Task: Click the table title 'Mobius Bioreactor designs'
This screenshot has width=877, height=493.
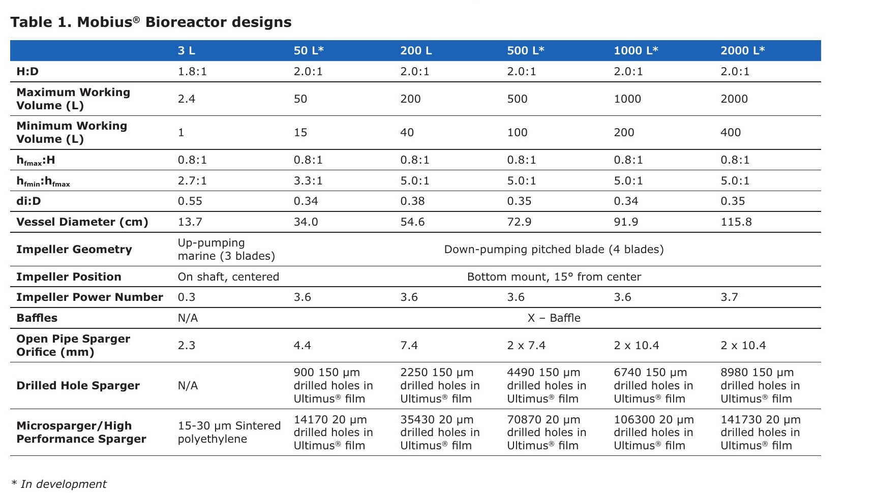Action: point(184,22)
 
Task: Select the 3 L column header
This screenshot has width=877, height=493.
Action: point(186,50)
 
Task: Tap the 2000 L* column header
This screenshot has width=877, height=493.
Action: point(742,50)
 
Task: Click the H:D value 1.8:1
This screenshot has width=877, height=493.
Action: point(192,71)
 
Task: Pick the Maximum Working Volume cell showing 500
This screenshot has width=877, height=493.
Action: point(517,99)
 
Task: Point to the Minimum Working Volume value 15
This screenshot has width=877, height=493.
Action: point(300,132)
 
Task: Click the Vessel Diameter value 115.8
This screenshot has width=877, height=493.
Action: point(736,222)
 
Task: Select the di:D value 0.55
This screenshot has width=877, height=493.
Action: point(190,201)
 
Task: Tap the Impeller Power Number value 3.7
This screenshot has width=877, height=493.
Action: point(729,297)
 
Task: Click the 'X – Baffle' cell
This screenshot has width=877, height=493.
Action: point(554,318)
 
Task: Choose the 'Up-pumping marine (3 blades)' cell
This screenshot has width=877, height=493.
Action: point(226,249)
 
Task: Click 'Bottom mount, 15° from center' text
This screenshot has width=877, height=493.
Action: point(554,276)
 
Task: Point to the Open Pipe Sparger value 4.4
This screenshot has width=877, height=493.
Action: point(302,345)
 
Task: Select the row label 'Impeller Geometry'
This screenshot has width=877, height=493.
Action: point(74,249)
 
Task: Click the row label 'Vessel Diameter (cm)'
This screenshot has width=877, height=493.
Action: point(82,222)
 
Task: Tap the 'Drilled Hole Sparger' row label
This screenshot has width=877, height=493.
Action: point(78,385)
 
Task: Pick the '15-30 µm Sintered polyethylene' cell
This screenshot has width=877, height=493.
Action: point(229,432)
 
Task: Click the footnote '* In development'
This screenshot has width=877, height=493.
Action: point(59,484)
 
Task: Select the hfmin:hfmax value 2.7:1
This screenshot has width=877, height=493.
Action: point(192,180)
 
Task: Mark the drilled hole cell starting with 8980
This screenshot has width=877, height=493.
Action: point(760,385)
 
